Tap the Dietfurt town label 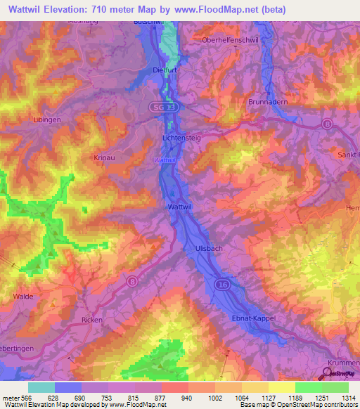(163, 69)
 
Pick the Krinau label (104, 158)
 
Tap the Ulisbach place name (205, 248)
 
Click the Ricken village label (92, 320)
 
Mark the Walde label (22, 297)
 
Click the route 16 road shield (223, 284)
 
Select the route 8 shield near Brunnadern (328, 124)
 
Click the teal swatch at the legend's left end (41, 387)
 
